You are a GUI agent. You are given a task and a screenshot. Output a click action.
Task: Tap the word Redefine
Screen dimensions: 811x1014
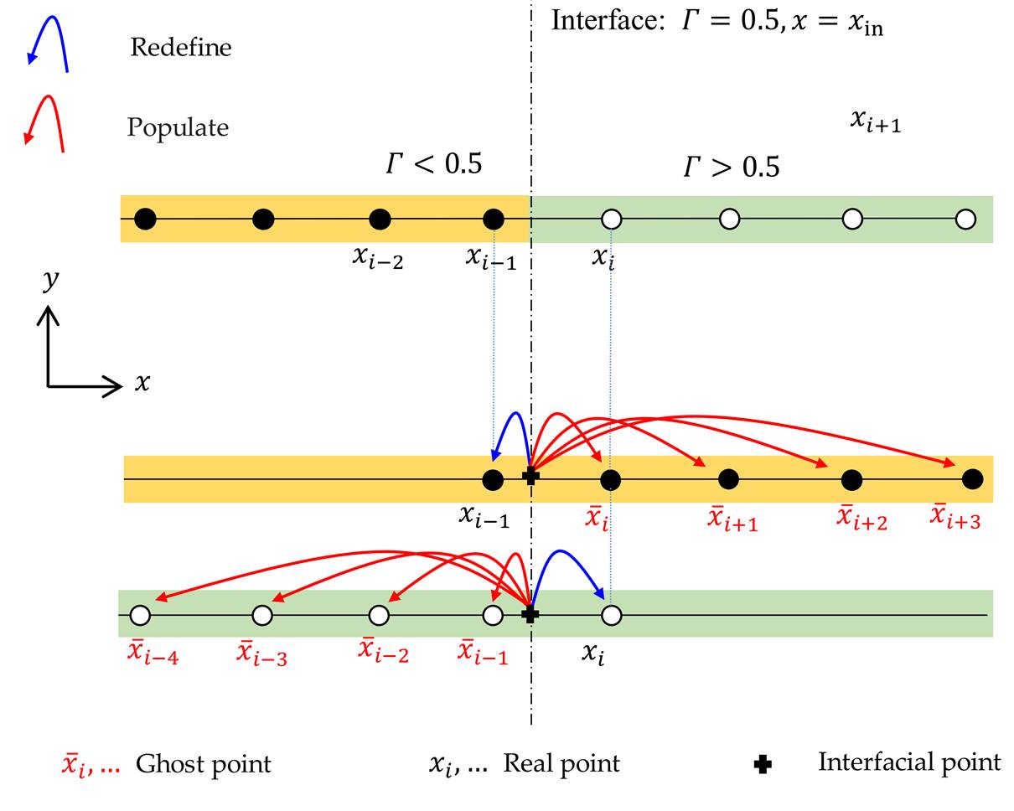point(180,47)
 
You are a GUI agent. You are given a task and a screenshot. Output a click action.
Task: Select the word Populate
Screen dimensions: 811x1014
point(178,127)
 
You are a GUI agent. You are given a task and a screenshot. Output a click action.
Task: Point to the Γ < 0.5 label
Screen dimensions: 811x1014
point(434,163)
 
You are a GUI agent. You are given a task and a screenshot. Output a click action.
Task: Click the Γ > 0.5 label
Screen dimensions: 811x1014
point(732,168)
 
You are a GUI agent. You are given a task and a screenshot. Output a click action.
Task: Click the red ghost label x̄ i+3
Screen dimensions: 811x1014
point(956,517)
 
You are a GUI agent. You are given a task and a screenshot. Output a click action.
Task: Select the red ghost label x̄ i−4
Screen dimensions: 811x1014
point(153,653)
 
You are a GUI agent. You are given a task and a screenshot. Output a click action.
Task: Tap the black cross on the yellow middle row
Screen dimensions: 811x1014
point(530,477)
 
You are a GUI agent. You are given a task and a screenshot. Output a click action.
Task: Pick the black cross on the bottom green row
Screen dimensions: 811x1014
point(530,615)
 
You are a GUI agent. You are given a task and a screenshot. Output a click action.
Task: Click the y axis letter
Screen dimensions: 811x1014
point(51,279)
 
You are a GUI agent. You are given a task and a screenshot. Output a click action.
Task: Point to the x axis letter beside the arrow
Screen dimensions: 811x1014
point(142,384)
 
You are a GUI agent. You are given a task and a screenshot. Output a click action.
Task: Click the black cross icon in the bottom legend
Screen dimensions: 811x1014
point(763,764)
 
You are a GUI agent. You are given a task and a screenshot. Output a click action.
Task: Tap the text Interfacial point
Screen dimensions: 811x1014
point(909,762)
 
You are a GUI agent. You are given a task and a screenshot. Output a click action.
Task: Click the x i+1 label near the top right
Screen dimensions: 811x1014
point(875,121)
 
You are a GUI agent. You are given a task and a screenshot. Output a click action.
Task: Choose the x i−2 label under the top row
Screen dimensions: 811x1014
point(378,257)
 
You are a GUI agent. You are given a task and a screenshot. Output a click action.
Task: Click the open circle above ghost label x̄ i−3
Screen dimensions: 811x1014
point(262,616)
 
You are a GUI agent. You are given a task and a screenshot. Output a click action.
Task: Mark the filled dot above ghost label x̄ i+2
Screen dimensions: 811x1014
point(851,480)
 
